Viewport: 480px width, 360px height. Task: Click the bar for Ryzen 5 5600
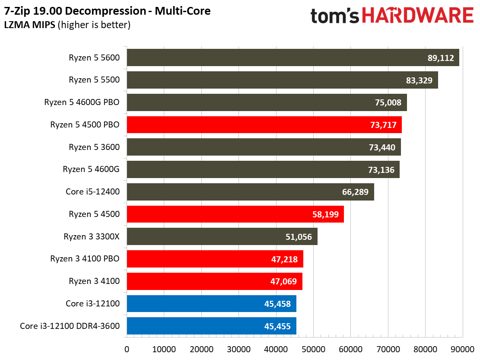coord(292,57)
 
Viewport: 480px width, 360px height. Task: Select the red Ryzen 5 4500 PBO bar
coord(264,124)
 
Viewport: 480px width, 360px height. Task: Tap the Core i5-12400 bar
coord(250,192)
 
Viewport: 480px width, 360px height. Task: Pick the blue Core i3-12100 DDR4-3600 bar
coord(211,326)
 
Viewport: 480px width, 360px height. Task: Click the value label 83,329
coord(419,80)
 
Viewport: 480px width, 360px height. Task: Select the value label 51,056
coord(299,237)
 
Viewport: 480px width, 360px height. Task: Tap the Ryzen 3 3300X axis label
coord(92,236)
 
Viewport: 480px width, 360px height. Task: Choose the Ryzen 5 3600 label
coord(94,147)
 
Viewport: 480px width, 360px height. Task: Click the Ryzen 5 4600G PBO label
coord(82,102)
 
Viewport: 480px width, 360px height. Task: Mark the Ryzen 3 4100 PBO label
coord(85,259)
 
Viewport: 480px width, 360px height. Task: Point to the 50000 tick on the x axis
coord(313,348)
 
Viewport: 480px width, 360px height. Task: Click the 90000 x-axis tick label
coord(463,348)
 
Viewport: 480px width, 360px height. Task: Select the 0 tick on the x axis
coord(127,348)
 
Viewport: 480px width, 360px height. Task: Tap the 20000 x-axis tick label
coord(201,348)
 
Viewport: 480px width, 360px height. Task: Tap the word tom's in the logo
coord(334,16)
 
